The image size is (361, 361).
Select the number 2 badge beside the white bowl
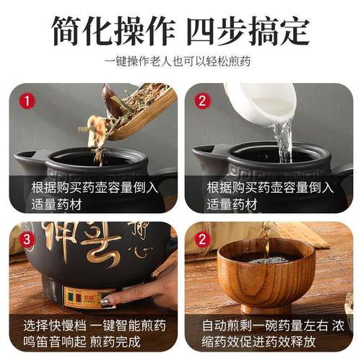[x=203, y=101]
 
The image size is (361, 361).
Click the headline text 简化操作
[x=115, y=30]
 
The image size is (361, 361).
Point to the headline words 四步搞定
[x=249, y=30]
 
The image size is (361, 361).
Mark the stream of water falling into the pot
[x=284, y=141]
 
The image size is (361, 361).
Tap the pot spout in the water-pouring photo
[x=203, y=156]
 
